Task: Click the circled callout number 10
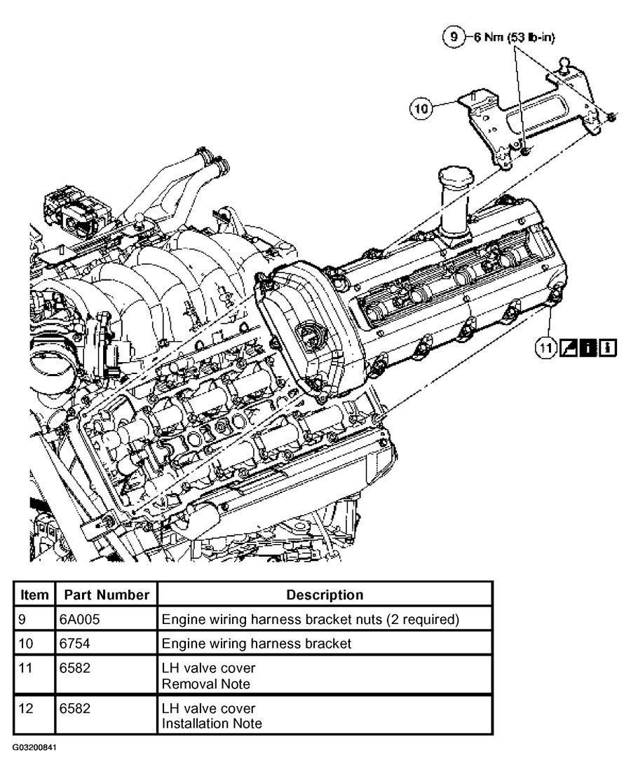tap(421, 108)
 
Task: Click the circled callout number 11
tap(546, 347)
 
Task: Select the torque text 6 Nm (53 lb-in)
tap(514, 38)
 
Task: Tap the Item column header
tap(34, 595)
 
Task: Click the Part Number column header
tap(107, 595)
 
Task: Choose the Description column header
tap(325, 595)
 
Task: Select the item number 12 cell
tap(26, 708)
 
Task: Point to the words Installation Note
tap(212, 723)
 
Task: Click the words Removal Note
tap(205, 684)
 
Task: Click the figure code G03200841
tap(34, 747)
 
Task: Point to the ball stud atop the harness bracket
tap(565, 63)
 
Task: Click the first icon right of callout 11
tap(568, 347)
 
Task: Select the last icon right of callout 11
tap(608, 347)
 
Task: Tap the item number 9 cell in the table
tap(22, 619)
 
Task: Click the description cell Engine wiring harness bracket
tap(257, 644)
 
